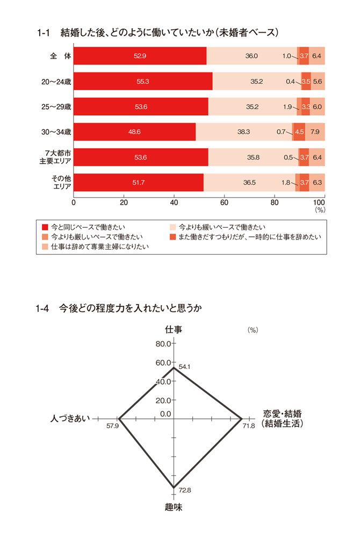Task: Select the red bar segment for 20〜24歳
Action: point(143,81)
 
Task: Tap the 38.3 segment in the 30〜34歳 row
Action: point(244,132)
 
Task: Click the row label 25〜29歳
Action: point(56,106)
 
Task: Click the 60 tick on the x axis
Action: point(225,202)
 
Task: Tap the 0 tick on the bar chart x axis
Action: point(74,202)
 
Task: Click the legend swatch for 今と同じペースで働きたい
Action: point(45,227)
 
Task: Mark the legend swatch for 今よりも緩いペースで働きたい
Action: point(173,227)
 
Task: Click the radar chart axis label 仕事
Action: point(174,329)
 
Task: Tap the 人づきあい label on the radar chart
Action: point(70,418)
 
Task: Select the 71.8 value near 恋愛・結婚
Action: point(248,426)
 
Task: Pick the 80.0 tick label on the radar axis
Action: point(163,344)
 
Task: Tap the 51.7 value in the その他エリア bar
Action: point(139,182)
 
